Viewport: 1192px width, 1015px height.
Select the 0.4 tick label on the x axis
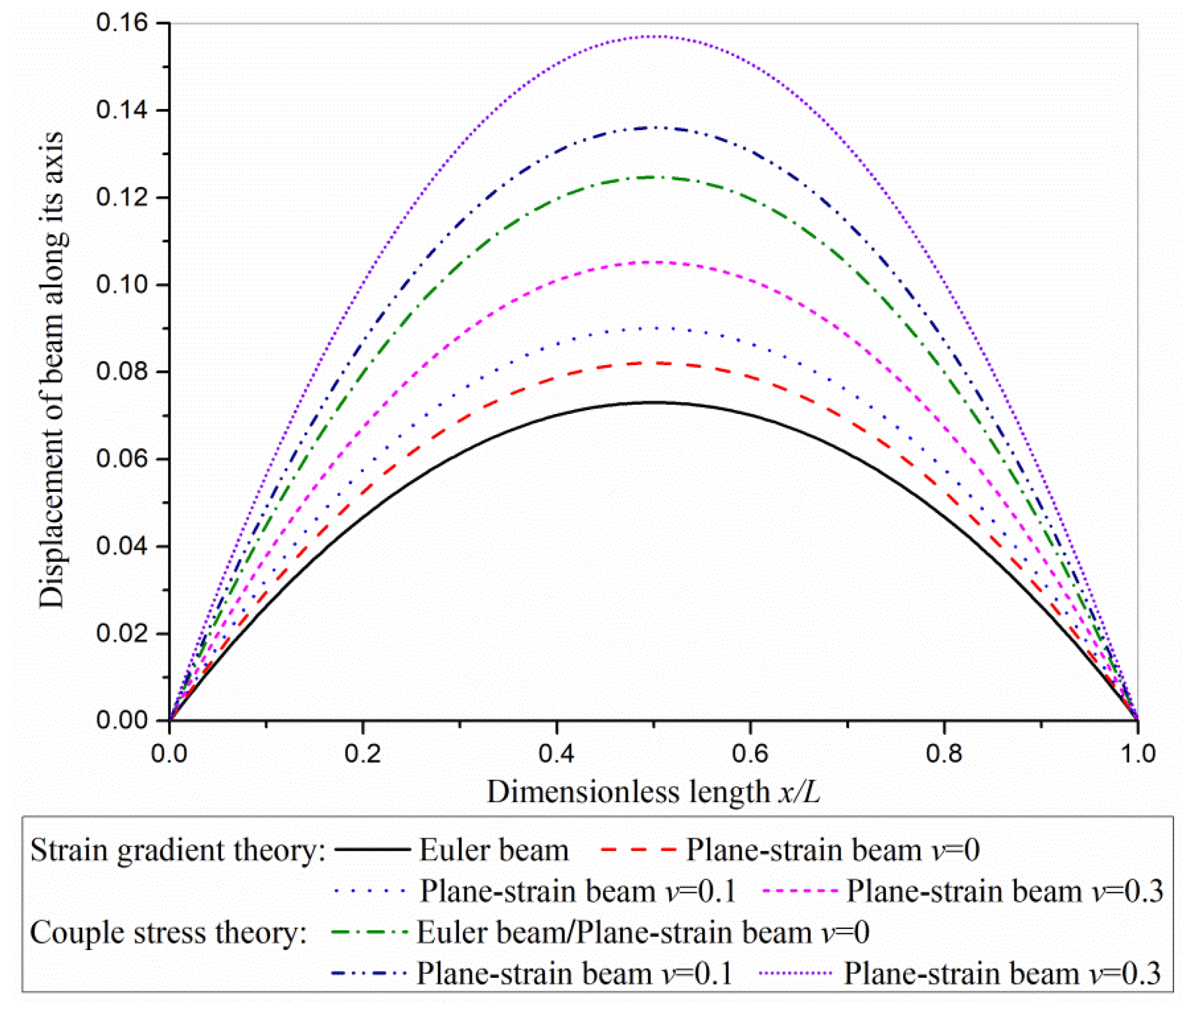coord(556,753)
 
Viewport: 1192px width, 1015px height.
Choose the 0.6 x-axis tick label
coord(750,753)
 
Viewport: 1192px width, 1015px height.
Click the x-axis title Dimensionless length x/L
coord(654,792)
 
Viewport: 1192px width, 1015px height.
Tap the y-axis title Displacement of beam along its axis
coord(52,369)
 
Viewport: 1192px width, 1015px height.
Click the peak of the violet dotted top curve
coord(654,37)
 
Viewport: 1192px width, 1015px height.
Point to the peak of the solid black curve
coord(654,402)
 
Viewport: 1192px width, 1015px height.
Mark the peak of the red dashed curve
coord(654,363)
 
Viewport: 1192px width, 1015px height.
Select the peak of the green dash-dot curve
coord(654,177)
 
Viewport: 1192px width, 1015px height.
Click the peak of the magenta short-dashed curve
coord(654,262)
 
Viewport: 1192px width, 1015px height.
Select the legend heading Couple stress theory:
coord(168,932)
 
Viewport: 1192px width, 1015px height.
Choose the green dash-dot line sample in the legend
coord(370,932)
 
